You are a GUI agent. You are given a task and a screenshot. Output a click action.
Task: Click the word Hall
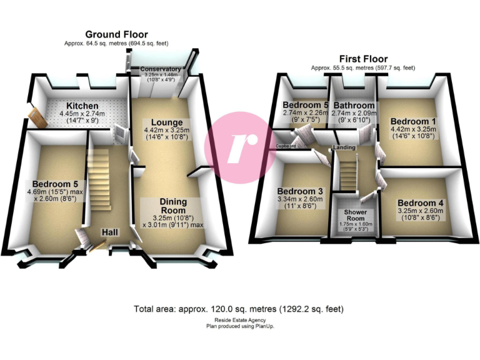(x=111, y=232)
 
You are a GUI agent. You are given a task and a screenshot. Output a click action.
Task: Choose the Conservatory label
(x=161, y=69)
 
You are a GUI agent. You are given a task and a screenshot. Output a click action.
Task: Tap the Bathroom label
(x=354, y=105)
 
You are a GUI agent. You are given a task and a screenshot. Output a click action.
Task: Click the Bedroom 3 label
(x=301, y=191)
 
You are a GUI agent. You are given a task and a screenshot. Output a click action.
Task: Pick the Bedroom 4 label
(x=421, y=203)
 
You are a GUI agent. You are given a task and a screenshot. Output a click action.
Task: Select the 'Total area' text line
(x=238, y=309)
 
